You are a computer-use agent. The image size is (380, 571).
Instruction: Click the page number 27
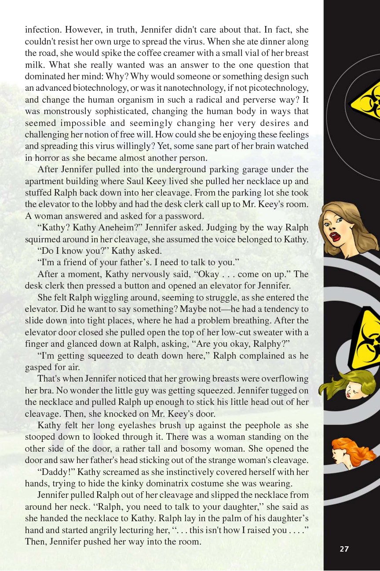tap(344, 549)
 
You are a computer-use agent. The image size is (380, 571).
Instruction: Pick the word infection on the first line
tap(43, 30)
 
